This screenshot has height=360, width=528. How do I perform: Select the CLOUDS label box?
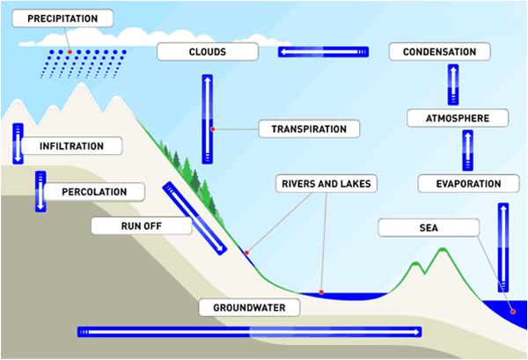pyautogui.click(x=207, y=52)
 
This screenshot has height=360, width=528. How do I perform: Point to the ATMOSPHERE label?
pyautogui.click(x=457, y=118)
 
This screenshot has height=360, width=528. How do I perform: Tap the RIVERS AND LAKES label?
pyautogui.click(x=326, y=184)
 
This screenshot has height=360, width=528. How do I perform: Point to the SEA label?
pyautogui.click(x=429, y=228)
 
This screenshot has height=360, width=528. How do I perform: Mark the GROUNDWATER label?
pyautogui.click(x=249, y=307)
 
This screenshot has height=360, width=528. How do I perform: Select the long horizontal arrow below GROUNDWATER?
pyautogui.click(x=249, y=332)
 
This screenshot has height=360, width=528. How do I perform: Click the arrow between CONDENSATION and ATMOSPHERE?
pyautogui.click(x=455, y=85)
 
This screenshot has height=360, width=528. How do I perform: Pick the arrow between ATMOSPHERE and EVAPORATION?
pyautogui.click(x=467, y=151)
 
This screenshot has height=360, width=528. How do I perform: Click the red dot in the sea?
pyautogui.click(x=511, y=310)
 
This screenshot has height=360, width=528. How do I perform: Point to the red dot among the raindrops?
pyautogui.click(x=69, y=54)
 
